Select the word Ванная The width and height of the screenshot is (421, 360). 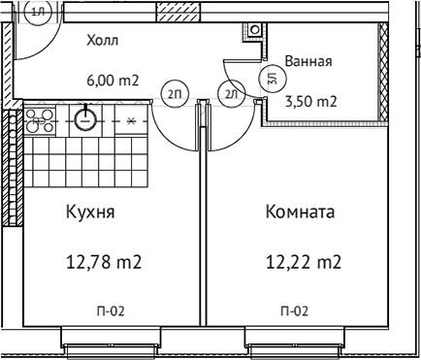pos(308,62)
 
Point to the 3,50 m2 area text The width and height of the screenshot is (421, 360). pos(311,101)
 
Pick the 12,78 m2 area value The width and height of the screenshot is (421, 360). pos(104,260)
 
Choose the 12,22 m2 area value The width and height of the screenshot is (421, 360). pos(304,260)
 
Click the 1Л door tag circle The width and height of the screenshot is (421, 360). pos(39,11)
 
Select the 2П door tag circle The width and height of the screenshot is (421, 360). pos(175,94)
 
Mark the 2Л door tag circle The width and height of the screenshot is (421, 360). pos(231,94)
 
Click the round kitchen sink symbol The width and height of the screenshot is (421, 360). pos(85,120)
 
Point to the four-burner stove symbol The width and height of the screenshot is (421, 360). pos(42,120)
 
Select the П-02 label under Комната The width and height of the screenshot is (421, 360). pos(294,311)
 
